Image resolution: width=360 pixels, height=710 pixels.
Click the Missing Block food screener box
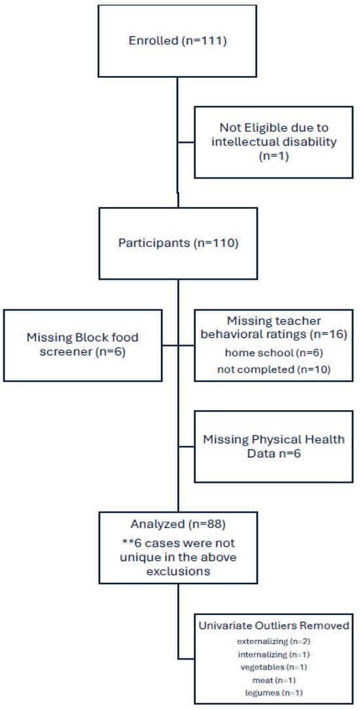tap(83, 345)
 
